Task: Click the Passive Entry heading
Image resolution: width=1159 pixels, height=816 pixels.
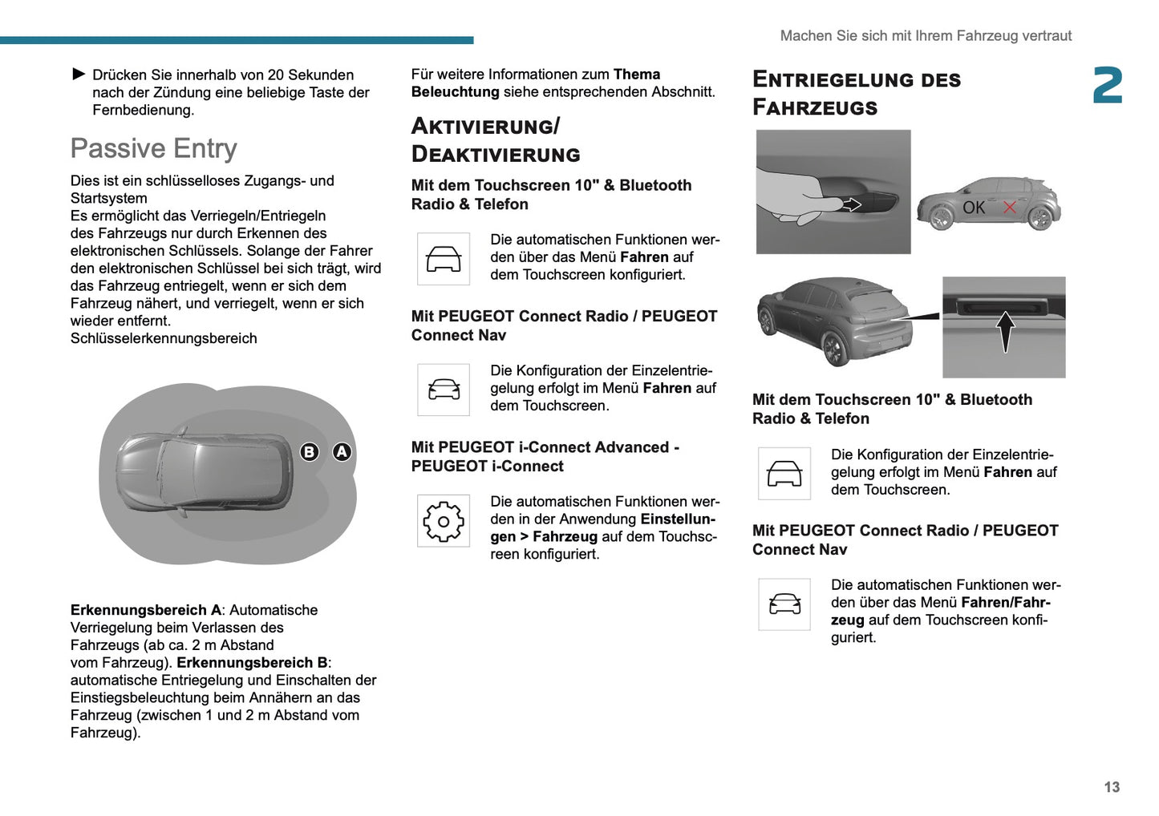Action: [x=154, y=148]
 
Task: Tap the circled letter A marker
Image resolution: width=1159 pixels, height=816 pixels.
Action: [x=342, y=452]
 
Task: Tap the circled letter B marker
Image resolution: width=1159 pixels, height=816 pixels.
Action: [x=309, y=452]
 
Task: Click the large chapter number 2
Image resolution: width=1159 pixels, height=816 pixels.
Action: [x=1108, y=86]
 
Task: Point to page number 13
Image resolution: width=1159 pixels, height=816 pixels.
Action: [x=1111, y=787]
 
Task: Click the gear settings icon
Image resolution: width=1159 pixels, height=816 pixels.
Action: [x=443, y=522]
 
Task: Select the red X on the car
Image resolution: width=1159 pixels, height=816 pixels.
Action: [x=1009, y=207]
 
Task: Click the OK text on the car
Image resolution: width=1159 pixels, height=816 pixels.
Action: [x=974, y=208]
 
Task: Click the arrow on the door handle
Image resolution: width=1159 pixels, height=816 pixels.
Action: [x=851, y=204]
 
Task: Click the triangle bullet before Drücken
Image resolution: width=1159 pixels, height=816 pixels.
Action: [x=79, y=75]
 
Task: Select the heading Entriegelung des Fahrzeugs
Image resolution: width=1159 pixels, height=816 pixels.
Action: [x=856, y=93]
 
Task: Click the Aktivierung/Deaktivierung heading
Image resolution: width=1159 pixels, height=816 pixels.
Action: [x=495, y=140]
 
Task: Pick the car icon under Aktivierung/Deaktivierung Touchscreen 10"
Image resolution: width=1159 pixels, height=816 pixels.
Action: [x=443, y=259]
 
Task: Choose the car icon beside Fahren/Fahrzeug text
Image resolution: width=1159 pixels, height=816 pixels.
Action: [x=784, y=604]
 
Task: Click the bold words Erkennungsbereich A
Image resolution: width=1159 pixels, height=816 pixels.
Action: [x=145, y=610]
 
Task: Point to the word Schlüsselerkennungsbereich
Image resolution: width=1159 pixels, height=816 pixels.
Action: [x=164, y=338]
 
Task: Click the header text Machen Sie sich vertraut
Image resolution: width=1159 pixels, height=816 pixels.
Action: [x=925, y=36]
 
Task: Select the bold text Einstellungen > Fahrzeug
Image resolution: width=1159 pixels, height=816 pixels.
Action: [x=602, y=528]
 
